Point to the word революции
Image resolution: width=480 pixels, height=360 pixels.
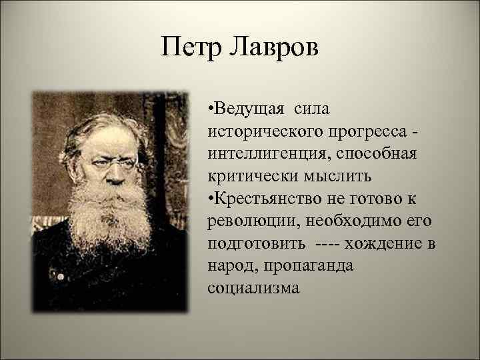click(243, 221)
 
